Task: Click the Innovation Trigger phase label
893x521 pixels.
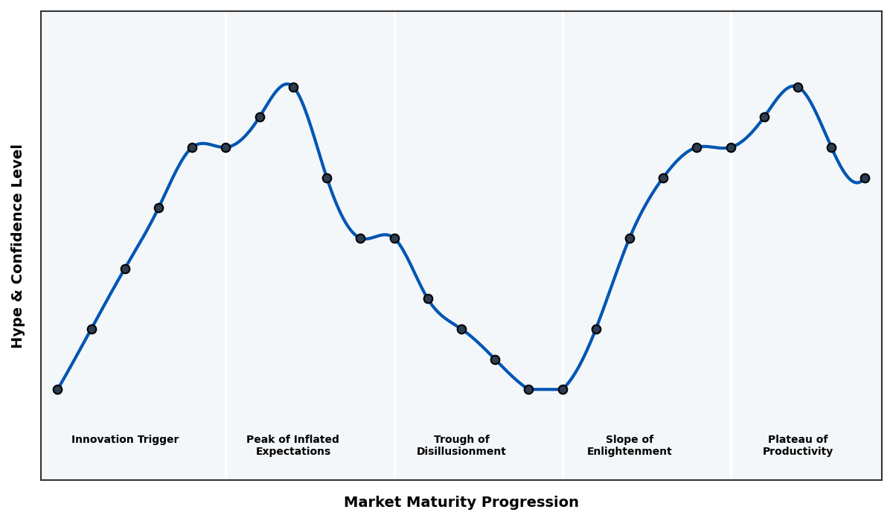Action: pos(125,440)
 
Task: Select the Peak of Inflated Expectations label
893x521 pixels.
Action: pos(292,445)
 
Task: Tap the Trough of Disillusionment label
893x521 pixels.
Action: pos(461,445)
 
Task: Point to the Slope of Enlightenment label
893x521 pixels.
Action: pos(630,445)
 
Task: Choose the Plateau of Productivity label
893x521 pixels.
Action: pos(798,445)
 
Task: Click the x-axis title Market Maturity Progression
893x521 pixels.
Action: pos(461,502)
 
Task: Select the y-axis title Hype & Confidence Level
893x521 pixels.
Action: pos(18,246)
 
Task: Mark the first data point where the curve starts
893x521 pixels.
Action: pos(57,389)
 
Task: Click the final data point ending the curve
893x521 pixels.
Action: pos(865,178)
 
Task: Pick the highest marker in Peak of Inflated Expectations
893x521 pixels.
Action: pos(293,87)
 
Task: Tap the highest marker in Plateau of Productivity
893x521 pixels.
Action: pos(798,87)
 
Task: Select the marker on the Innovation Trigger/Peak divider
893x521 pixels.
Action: pos(225,147)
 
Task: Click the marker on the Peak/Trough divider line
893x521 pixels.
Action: pos(394,238)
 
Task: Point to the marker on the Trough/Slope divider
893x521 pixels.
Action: pos(563,389)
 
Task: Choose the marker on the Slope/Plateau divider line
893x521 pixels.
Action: pos(731,147)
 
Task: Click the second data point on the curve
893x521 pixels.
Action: pos(92,329)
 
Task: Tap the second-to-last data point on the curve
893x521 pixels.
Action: pos(831,147)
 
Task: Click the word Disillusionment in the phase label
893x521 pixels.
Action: pos(461,452)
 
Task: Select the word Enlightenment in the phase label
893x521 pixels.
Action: pos(630,452)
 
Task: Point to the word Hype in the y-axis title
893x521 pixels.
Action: pos(18,330)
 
